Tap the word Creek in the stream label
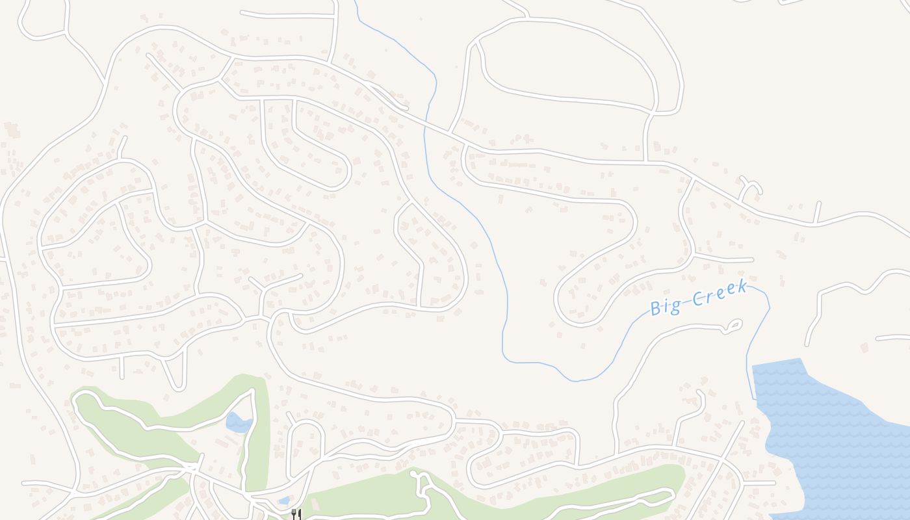coord(718,294)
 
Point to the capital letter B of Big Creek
coord(656,309)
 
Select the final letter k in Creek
coord(742,287)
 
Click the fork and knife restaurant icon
coord(296,515)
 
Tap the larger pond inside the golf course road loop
coord(238,422)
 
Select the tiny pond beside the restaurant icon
coord(283,500)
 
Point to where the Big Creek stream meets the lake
coord(754,398)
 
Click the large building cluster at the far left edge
coord(12,130)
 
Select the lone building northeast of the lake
coord(864,348)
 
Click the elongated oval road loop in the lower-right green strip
coord(624,500)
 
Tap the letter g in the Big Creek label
coord(676,305)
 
